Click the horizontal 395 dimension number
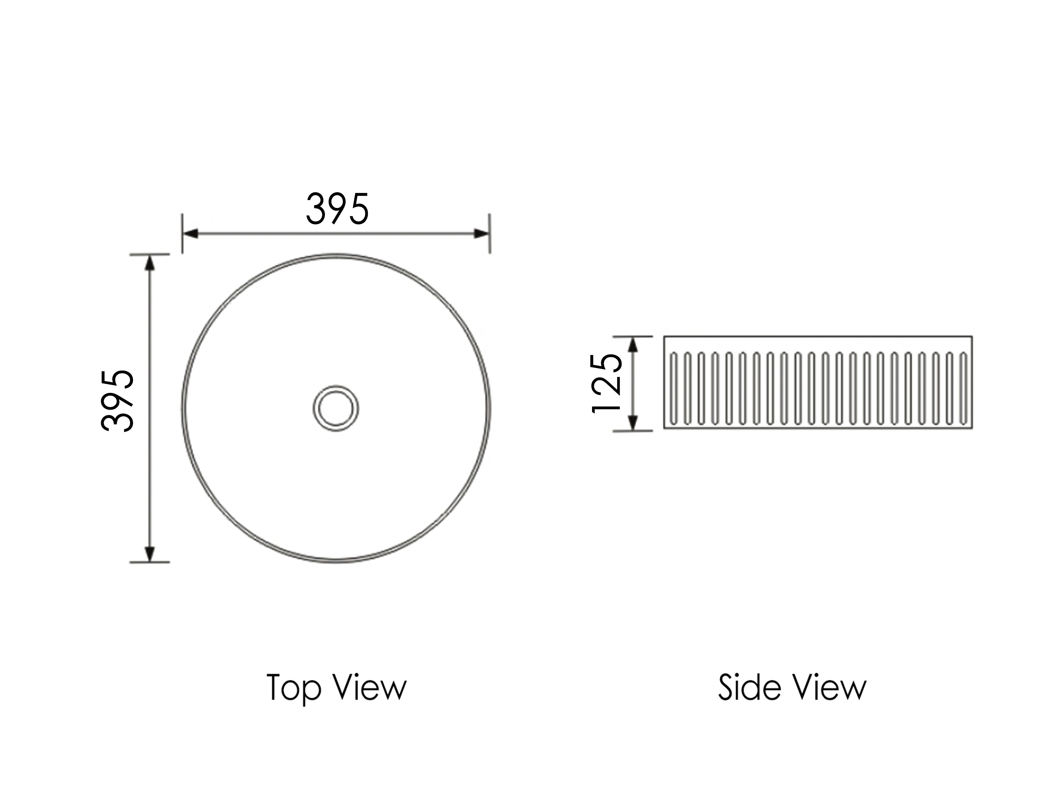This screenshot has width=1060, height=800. pyautogui.click(x=337, y=209)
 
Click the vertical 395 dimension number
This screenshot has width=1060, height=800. pyautogui.click(x=117, y=401)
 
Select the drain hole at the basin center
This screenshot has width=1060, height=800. pyautogui.click(x=336, y=408)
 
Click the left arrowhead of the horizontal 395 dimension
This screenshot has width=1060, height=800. pyautogui.click(x=191, y=234)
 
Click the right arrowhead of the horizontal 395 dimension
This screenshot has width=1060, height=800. pyautogui.click(x=481, y=234)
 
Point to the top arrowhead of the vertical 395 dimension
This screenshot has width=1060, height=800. pyautogui.click(x=150, y=263)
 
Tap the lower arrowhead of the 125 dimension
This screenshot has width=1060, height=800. pyautogui.click(x=633, y=423)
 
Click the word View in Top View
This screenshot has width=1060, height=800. pyautogui.click(x=370, y=688)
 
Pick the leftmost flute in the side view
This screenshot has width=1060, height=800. pyautogui.click(x=674, y=389)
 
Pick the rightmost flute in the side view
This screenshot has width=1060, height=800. pyautogui.click(x=963, y=389)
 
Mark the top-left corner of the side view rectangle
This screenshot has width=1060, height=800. pyautogui.click(x=664, y=336)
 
